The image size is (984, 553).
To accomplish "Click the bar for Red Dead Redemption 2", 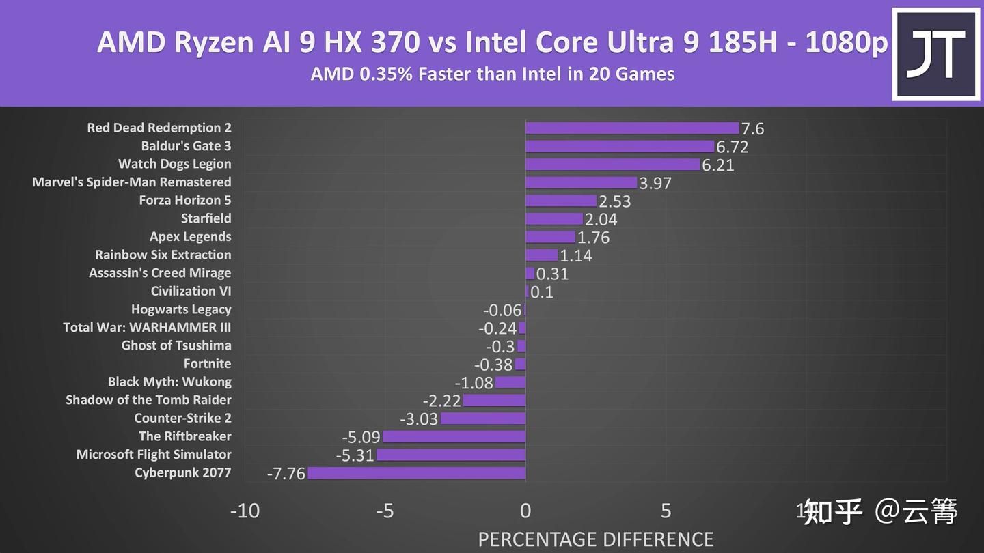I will (632, 128).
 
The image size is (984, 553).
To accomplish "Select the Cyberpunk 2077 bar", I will (417, 473).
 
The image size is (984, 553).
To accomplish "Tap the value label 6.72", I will (732, 147).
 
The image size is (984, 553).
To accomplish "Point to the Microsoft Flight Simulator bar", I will (451, 455).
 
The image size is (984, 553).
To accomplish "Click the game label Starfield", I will (206, 218).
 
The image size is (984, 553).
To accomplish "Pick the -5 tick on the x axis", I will (385, 511).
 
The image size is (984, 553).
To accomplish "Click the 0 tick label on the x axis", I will (525, 511).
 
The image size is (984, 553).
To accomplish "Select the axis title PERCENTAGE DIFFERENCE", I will (595, 539).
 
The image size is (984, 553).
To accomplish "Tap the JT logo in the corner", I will (935, 54).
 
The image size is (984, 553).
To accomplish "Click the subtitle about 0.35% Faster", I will (492, 74).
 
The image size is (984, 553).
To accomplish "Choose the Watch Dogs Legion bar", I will (612, 165).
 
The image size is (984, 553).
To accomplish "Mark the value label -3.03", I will (419, 419).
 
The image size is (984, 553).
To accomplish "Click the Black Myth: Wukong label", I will (169, 382).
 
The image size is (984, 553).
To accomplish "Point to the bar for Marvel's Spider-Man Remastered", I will (581, 182).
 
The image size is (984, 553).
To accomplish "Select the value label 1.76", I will (593, 238).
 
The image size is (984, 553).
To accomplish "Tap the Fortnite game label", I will (207, 364).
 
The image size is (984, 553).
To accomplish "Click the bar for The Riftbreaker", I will (454, 437).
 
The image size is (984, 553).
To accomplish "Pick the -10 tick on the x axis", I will (245, 511).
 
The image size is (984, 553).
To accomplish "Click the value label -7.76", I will (286, 474).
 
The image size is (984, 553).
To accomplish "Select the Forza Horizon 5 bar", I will (561, 201).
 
